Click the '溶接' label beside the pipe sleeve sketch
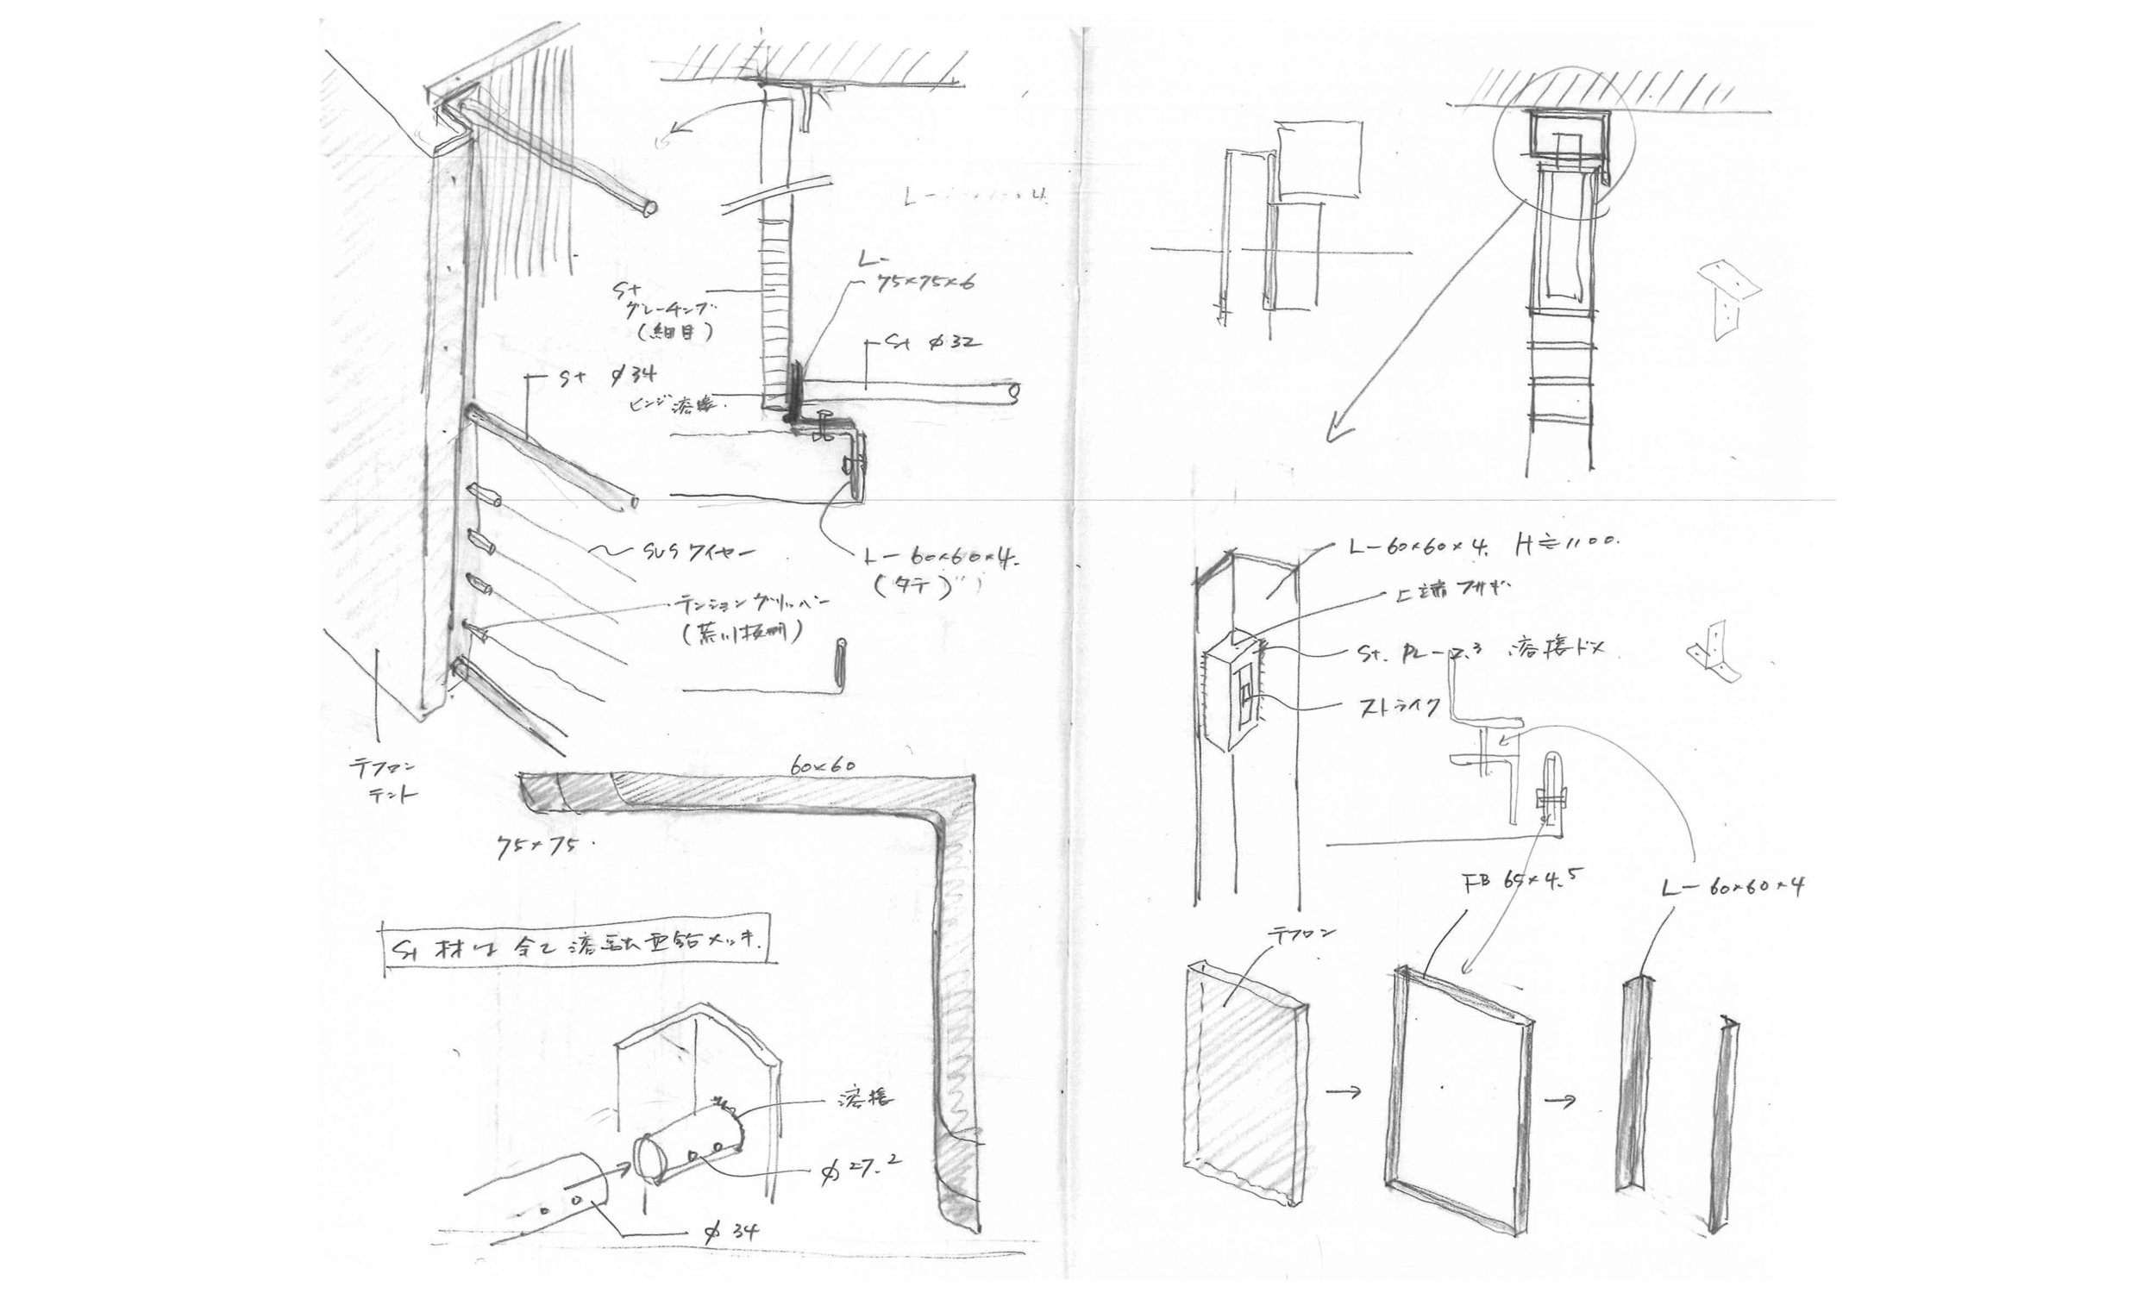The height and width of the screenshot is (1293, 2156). click(x=863, y=1099)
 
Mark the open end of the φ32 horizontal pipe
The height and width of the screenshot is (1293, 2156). click(x=1012, y=393)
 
